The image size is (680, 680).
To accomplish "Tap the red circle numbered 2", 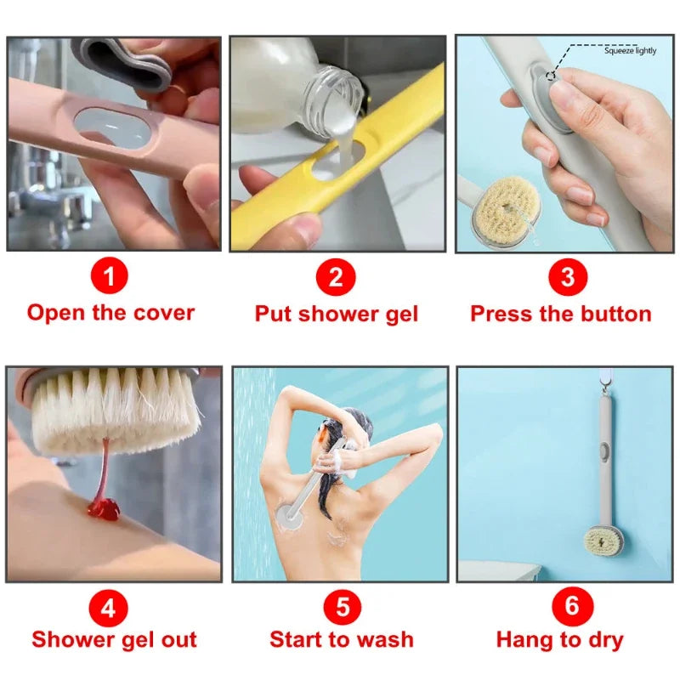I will (336, 278).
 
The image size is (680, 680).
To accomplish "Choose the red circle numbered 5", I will (342, 607).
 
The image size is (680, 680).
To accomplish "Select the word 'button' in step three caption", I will (615, 314).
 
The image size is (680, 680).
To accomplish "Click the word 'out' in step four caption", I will (177, 639).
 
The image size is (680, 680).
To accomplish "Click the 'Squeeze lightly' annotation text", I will (630, 51).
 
